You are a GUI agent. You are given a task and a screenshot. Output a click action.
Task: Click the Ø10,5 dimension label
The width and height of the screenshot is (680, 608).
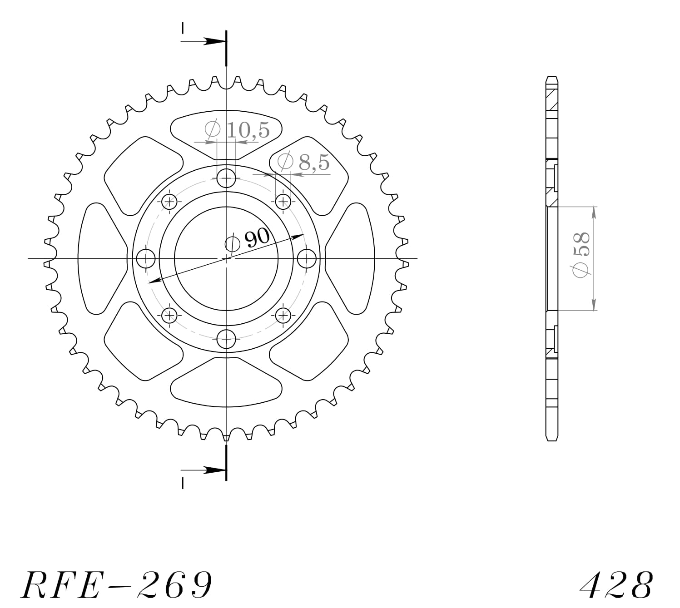pyautogui.click(x=237, y=130)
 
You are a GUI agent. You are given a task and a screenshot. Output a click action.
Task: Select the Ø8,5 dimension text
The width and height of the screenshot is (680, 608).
pyautogui.click(x=303, y=162)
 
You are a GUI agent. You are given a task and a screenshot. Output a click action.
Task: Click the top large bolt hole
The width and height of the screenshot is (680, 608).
pyautogui.click(x=226, y=178)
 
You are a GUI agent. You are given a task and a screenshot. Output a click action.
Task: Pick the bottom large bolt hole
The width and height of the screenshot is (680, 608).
pyautogui.click(x=226, y=339)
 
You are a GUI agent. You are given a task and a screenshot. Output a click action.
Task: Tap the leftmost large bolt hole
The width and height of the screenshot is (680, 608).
pyautogui.click(x=146, y=258)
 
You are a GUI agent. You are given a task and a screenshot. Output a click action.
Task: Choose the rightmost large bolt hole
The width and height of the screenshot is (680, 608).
pyautogui.click(x=307, y=258)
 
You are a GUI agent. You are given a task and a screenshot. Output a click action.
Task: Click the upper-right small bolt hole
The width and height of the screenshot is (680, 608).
pyautogui.click(x=283, y=201)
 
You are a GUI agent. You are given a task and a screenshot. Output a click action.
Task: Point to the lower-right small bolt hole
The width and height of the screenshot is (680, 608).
pyautogui.click(x=283, y=315)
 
